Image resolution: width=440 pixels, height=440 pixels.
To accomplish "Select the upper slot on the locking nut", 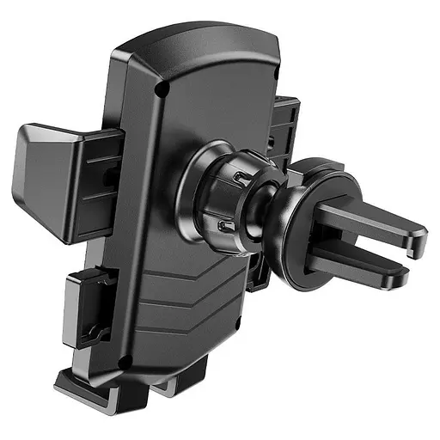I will (242, 177).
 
